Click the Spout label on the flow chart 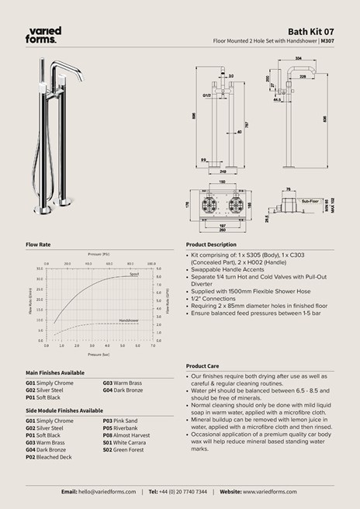[x=133, y=274]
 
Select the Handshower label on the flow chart [x=129, y=320]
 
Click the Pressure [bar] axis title [x=99, y=353]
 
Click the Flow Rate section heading [x=38, y=244]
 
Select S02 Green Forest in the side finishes [x=123, y=449]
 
